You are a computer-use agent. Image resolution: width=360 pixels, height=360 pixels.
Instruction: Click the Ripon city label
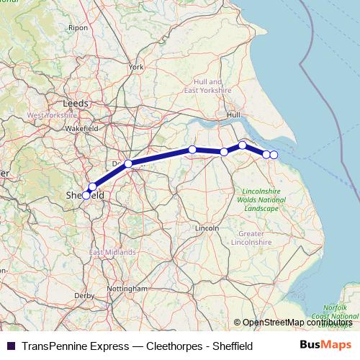click(77, 27)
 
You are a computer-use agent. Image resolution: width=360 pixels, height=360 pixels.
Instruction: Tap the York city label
click(136, 67)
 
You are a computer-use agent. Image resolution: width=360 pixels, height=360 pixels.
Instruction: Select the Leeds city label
click(76, 103)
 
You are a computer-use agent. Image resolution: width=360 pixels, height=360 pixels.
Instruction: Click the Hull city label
click(233, 114)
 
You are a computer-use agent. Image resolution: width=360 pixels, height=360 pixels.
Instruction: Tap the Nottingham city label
click(127, 288)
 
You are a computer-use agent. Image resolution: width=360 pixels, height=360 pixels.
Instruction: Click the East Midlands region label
click(112, 253)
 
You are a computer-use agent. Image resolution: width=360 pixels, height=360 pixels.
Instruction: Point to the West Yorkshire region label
click(52, 114)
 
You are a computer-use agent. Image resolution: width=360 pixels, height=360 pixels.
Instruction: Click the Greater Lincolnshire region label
click(261, 238)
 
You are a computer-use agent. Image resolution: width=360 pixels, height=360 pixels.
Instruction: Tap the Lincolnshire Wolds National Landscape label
click(260, 199)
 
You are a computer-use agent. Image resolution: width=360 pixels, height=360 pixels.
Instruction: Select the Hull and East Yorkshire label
click(207, 86)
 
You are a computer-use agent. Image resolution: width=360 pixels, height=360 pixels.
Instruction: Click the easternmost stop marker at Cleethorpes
click(274, 155)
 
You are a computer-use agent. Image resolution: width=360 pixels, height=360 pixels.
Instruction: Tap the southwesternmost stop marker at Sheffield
click(86, 195)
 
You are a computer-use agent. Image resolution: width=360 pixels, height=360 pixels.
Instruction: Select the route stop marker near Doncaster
click(128, 163)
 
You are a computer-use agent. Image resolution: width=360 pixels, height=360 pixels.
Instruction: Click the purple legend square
click(10, 346)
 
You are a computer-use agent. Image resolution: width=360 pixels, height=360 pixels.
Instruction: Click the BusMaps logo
click(325, 346)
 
